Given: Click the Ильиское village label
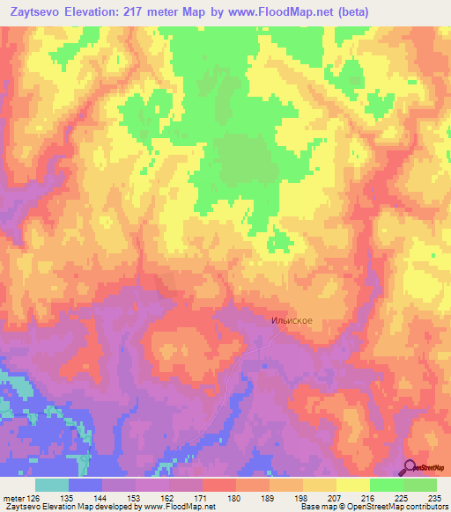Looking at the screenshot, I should click(x=291, y=321).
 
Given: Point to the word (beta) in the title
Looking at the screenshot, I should click(x=351, y=11).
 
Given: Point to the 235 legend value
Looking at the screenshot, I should click(x=435, y=497).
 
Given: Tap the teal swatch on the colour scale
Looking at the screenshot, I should click(x=52, y=485).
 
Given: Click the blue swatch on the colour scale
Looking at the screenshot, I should click(x=85, y=485).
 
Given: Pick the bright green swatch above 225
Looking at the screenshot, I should click(x=386, y=485).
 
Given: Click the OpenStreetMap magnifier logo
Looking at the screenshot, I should click(x=410, y=467).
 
